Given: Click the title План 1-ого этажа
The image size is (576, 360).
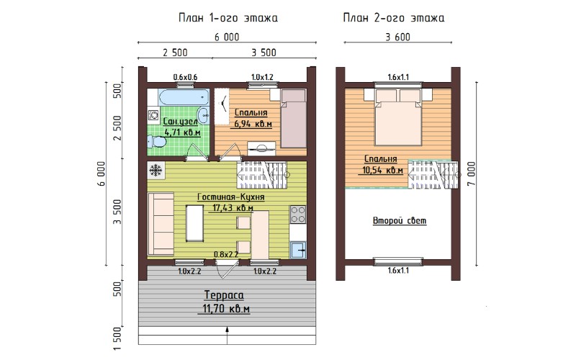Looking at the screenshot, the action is point(228,17).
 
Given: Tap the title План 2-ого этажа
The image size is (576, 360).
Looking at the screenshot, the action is point(393,17).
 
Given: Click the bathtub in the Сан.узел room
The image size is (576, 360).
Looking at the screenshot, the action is point(184,97).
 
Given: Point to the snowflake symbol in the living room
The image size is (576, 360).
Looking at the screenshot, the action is point(156,171).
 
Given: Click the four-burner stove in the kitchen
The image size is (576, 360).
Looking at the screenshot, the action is point(297,215).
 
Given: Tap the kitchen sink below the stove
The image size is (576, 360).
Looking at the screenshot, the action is point(298,251).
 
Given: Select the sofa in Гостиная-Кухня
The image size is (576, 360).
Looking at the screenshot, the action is point(161,224).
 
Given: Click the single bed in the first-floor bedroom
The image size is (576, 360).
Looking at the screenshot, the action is point(294,118).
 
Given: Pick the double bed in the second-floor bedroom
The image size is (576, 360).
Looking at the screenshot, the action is point(398,117).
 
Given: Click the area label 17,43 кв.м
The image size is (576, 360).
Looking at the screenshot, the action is point(233,208).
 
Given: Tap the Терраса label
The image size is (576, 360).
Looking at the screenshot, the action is point(224,295).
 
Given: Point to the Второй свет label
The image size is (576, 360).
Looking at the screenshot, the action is point(400,221).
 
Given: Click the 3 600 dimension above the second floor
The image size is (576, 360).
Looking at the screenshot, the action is point(398,37).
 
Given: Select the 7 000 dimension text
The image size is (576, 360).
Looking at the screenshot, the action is point(472,174).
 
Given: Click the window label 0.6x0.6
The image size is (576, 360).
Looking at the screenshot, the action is point(185,77).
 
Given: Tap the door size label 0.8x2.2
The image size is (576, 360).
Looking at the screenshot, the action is point(226,254).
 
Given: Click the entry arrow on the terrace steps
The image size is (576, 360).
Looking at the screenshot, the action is point(227,335).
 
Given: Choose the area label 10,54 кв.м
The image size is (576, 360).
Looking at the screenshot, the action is point(382,171).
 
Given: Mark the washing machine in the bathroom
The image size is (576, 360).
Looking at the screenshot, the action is point(153,115).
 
